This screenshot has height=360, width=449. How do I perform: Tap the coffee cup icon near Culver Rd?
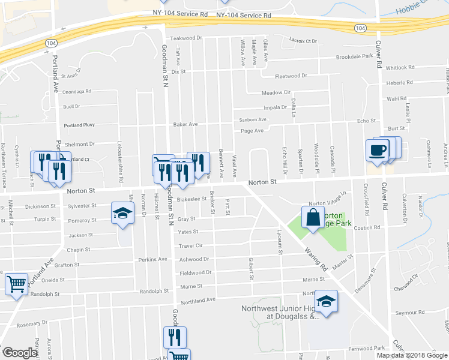[377, 150]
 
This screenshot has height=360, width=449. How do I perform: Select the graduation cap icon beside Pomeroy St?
[122, 214]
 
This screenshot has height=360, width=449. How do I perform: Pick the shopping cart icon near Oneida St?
[16, 283]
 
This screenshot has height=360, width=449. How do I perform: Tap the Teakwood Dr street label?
[186, 38]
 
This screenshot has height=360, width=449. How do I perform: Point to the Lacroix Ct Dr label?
[303, 41]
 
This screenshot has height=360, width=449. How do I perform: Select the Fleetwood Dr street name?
[291, 76]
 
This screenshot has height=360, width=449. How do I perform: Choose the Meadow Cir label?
[276, 93]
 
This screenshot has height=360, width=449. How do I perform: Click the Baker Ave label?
[185, 124]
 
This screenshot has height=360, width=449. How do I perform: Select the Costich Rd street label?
[367, 228]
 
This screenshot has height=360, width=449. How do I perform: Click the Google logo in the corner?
[20, 353]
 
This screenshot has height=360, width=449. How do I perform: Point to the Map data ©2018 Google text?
[412, 355]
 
